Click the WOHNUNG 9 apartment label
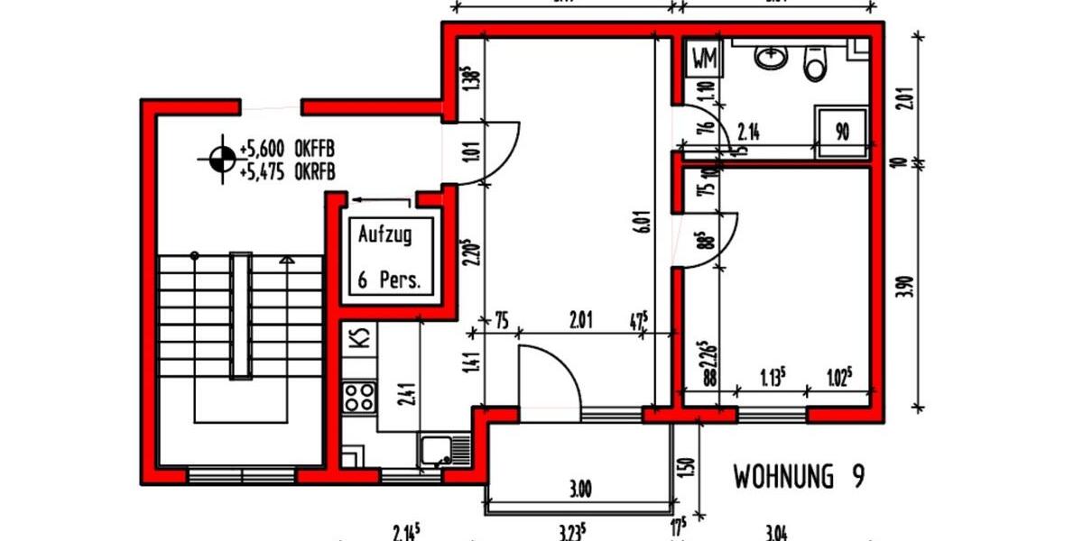[x=798, y=477]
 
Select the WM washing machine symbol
[x=704, y=60]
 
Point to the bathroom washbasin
[x=771, y=58]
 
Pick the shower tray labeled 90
[x=842, y=132]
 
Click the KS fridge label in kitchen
[x=359, y=339]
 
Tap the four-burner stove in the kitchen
[x=359, y=397]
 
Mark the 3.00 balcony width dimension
[x=581, y=491]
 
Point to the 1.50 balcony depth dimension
[x=689, y=468]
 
